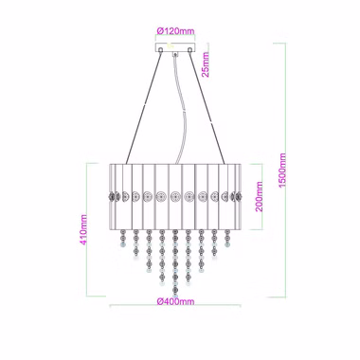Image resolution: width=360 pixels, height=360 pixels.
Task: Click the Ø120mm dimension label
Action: (x=175, y=31)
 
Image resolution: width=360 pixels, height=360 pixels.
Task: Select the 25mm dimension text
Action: (x=206, y=64)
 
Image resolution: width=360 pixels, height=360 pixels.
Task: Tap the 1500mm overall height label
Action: (x=282, y=171)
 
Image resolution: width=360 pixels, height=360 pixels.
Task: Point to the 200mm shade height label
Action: (x=259, y=196)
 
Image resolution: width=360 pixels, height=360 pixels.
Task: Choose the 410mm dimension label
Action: (x=83, y=229)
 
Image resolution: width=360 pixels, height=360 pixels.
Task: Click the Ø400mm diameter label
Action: (x=175, y=301)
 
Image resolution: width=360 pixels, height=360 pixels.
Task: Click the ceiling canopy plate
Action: (x=175, y=47)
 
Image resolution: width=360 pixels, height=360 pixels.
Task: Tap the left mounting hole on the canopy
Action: (x=161, y=49)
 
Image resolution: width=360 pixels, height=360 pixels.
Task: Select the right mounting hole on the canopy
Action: (x=189, y=49)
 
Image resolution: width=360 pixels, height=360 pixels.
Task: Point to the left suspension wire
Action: (x=143, y=107)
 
